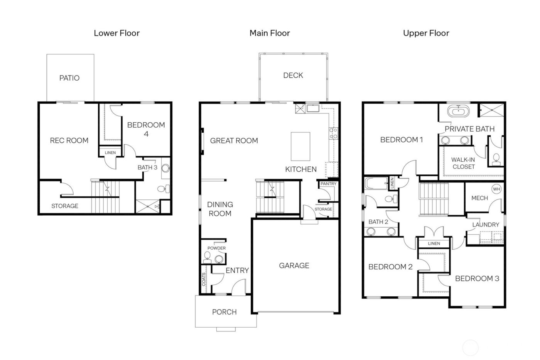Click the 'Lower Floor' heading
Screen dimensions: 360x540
coord(116,33)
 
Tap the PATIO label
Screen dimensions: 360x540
coord(69,78)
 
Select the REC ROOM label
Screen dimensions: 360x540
coord(69,140)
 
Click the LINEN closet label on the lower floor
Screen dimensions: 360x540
coord(110,152)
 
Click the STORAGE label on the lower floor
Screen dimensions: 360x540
coord(65,206)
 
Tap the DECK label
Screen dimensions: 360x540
coord(293,75)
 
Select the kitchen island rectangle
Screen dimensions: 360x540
coord(300,146)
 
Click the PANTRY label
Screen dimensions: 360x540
coord(328,184)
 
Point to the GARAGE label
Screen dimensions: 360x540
coord(294,265)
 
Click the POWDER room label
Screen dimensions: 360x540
coord(216,248)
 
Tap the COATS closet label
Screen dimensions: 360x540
coord(204,280)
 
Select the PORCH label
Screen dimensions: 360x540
coord(224,312)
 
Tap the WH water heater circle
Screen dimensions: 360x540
coord(496,189)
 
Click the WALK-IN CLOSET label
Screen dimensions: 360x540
coord(463,163)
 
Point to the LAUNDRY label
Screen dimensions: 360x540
coord(485,225)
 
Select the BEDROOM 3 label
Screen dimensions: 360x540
coord(477,279)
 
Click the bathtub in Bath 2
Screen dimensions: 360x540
coord(376,183)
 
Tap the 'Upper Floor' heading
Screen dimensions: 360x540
coord(426,33)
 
